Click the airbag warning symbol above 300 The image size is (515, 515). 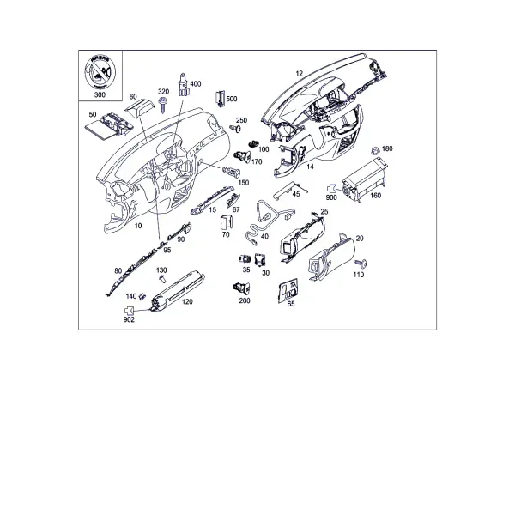100,71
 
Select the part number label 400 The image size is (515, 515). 196,84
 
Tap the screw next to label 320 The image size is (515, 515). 163,105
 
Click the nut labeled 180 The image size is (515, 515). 375,151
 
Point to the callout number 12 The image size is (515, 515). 299,73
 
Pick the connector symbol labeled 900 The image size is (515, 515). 331,189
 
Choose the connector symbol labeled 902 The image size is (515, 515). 129,311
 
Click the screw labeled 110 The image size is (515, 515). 360,264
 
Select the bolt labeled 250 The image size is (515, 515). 235,128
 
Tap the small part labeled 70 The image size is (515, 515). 225,222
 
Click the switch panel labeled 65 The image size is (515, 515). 288,290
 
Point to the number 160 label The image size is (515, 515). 375,196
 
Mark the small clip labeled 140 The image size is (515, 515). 142,296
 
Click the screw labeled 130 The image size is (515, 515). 162,279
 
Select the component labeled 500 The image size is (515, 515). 220,99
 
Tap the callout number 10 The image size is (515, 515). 138,226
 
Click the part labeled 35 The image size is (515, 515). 245,259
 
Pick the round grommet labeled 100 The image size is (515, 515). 253,144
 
